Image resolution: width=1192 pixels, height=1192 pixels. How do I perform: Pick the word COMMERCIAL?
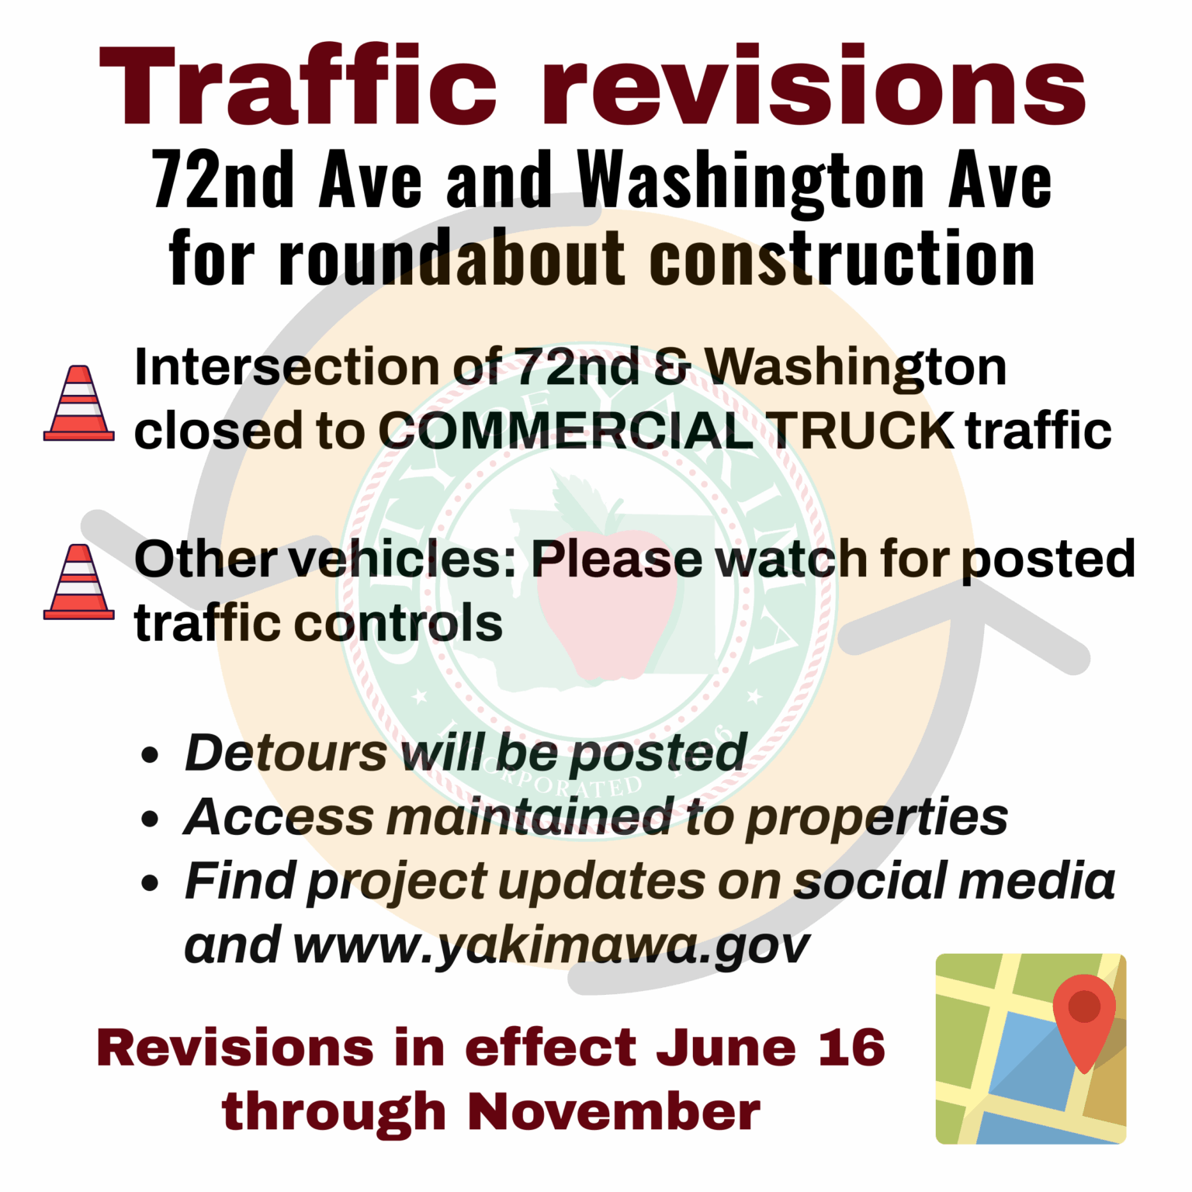pyautogui.click(x=565, y=431)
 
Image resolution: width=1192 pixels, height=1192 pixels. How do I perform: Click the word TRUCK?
pyautogui.click(x=862, y=431)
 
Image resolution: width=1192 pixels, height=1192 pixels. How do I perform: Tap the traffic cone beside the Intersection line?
pyautogui.click(x=79, y=404)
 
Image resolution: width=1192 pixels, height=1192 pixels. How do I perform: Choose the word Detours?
pyautogui.click(x=286, y=753)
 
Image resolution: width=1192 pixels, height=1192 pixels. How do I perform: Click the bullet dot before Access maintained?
pyautogui.click(x=151, y=819)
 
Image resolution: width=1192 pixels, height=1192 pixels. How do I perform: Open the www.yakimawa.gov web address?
pyautogui.click(x=551, y=947)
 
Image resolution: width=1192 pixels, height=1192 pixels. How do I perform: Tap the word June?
pyautogui.click(x=726, y=1048)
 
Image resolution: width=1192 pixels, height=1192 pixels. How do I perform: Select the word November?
pyautogui.click(x=613, y=1111)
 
